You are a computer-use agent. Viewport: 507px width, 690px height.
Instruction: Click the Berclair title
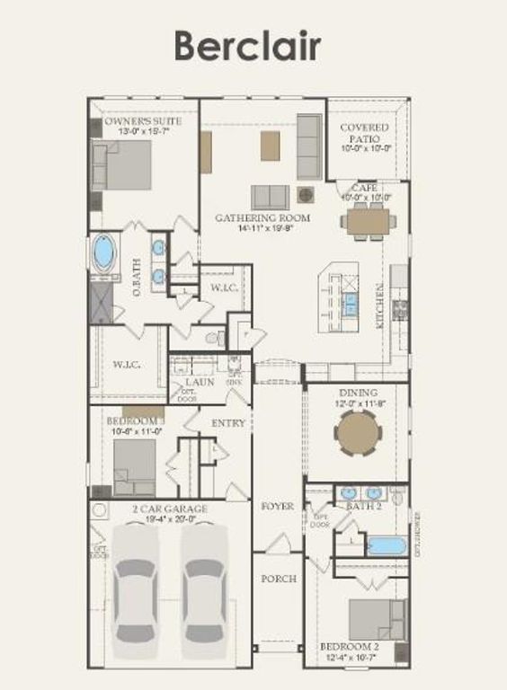246,46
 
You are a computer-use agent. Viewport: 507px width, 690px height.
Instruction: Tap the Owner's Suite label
143,120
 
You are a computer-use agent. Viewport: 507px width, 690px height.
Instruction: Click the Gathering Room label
262,217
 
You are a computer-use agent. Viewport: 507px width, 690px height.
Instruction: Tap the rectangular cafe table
368,220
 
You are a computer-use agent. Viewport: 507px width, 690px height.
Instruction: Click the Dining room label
357,393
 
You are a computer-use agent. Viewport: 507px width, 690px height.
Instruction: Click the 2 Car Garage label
171,509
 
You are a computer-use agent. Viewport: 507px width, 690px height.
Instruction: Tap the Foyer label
278,507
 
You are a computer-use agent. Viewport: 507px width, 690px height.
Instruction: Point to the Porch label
279,579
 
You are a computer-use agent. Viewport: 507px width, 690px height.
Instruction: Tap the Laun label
200,382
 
